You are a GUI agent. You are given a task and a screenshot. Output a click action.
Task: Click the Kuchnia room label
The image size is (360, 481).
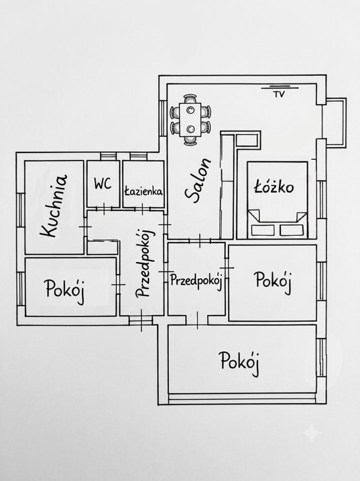click(54, 206)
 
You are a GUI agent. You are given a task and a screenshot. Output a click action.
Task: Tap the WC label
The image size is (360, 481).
click(103, 184)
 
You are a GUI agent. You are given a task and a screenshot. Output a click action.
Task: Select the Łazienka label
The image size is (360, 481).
click(143, 191)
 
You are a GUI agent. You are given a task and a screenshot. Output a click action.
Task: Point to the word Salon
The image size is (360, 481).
click(198, 181)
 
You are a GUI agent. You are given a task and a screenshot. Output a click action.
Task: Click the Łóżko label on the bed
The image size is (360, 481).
click(274, 186)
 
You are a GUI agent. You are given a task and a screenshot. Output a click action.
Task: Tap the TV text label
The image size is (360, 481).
click(279, 94)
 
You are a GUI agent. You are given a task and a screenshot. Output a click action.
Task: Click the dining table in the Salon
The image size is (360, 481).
click(190, 120)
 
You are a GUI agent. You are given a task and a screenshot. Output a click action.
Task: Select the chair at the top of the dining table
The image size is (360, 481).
click(190, 99)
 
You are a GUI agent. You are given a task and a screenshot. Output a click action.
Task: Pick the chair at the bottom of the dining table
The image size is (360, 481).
click(190, 140)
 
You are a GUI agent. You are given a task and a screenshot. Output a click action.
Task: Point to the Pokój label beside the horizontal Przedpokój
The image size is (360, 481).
click(272, 281)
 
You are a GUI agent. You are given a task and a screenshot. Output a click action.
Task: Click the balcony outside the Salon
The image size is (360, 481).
click(336, 122)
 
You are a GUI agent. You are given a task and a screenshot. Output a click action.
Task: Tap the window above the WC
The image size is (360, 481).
click(108, 156)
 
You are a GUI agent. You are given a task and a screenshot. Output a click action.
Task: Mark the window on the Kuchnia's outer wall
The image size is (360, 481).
click(20, 209)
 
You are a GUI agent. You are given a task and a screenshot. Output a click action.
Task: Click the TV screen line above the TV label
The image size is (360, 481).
click(279, 87)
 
